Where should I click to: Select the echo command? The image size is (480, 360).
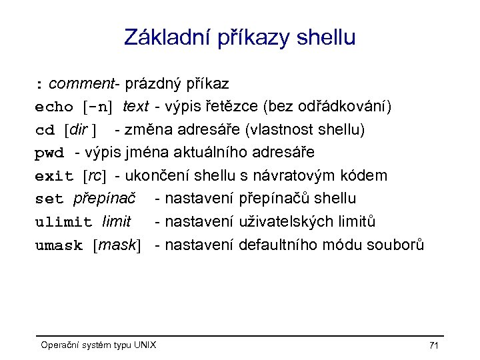click(54, 107)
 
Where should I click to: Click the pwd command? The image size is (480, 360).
click(49, 153)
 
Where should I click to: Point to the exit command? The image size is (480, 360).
click(54, 176)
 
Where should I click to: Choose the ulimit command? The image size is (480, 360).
click(63, 221)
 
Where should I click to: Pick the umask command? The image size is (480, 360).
click(59, 245)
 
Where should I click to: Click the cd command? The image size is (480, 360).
click(45, 129)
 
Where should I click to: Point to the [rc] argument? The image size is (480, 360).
click(94, 176)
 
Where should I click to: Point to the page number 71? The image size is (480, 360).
click(433, 345)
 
